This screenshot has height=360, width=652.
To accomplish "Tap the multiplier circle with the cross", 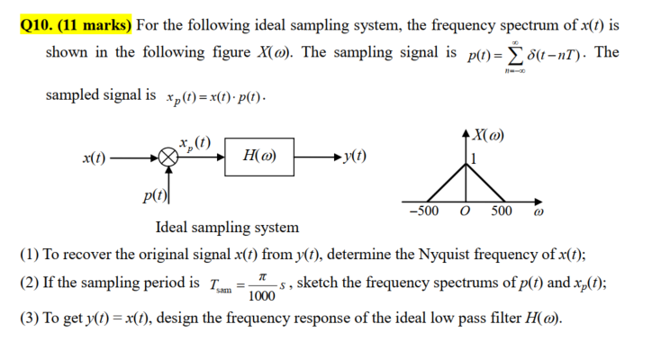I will [166, 157].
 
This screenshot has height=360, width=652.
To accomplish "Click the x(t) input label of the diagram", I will [95, 157].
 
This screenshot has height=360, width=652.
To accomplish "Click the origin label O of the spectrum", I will [465, 211].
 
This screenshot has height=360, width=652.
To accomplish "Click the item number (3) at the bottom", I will [32, 319].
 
